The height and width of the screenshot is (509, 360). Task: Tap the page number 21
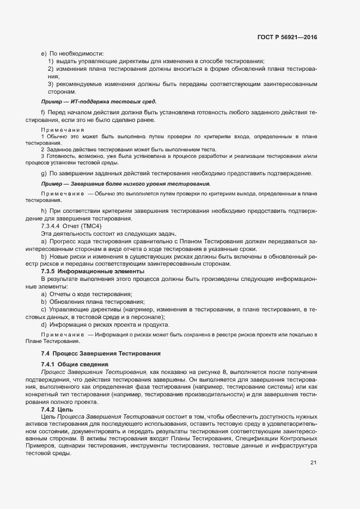coord(313,463)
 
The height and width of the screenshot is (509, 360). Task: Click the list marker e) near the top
coord(44,53)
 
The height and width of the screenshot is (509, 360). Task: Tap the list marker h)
coord(44,211)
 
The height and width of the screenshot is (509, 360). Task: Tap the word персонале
coord(148,317)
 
